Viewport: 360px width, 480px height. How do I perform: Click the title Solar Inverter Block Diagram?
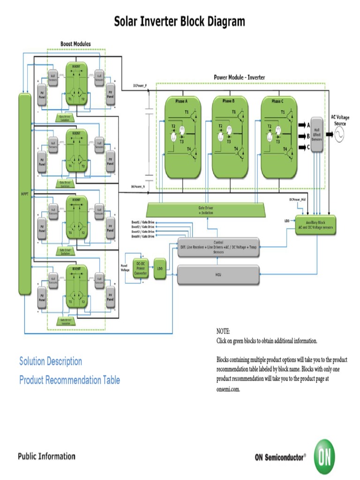tap(180, 22)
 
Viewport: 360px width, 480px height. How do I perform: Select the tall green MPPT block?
tap(24, 194)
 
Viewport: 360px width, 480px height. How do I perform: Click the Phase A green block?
tap(182, 137)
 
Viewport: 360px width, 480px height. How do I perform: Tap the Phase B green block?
tap(230, 137)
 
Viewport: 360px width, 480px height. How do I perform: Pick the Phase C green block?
tap(278, 137)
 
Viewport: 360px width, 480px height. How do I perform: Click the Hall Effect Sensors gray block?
tap(317, 134)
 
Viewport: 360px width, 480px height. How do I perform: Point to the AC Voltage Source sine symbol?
tap(339, 135)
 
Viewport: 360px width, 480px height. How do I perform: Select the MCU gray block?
tap(218, 275)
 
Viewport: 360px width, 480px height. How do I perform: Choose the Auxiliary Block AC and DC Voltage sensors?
tap(315, 225)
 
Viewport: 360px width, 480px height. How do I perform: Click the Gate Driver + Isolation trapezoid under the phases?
tap(206, 210)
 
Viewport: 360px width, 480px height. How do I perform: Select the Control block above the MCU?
tap(218, 247)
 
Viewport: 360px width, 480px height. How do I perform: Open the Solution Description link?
tap(51, 361)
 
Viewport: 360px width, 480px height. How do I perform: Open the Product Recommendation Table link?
tap(69, 380)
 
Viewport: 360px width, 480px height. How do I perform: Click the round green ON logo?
tap(324, 456)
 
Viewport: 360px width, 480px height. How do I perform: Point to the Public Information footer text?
tap(46, 456)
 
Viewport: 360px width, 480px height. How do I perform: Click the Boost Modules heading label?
tap(75, 44)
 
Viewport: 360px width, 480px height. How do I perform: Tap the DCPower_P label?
tap(140, 86)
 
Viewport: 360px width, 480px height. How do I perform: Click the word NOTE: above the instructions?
tap(223, 331)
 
